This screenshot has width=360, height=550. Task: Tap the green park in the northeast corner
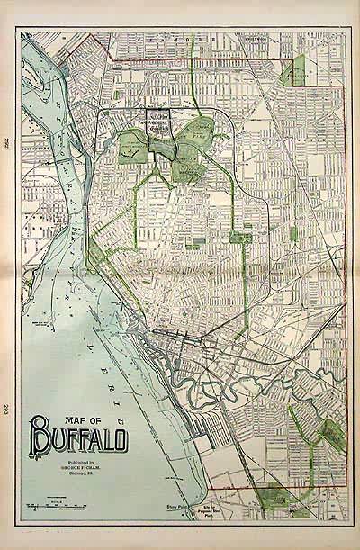293,70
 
